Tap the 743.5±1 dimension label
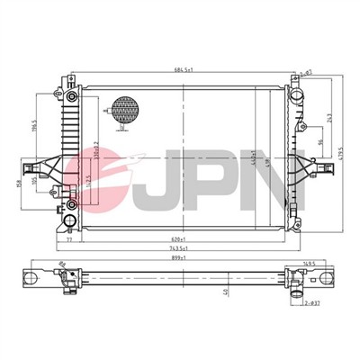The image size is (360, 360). pos(181,249)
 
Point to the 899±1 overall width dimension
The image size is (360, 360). pos(181,258)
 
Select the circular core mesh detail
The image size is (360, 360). pos(123,111)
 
